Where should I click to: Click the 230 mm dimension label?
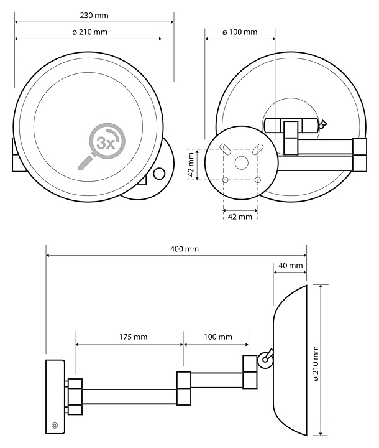coord(93,14)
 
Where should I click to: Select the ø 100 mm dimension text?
coord(239,32)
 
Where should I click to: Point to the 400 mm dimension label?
coord(185,249)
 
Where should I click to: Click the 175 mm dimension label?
coord(132,337)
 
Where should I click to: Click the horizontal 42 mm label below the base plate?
coord(240,217)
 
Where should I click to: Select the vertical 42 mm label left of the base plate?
coord(191,164)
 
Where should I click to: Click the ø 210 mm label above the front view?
coord(89,32)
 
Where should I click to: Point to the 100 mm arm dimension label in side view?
coord(217,337)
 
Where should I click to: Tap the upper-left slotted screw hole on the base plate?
coord(224,149)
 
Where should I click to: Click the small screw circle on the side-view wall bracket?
coord(55,426)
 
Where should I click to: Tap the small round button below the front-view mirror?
coord(160,174)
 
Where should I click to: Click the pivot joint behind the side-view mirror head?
coord(265,358)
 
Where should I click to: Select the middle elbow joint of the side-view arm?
coord(184,389)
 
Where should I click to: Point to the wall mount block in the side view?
coord(55,396)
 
